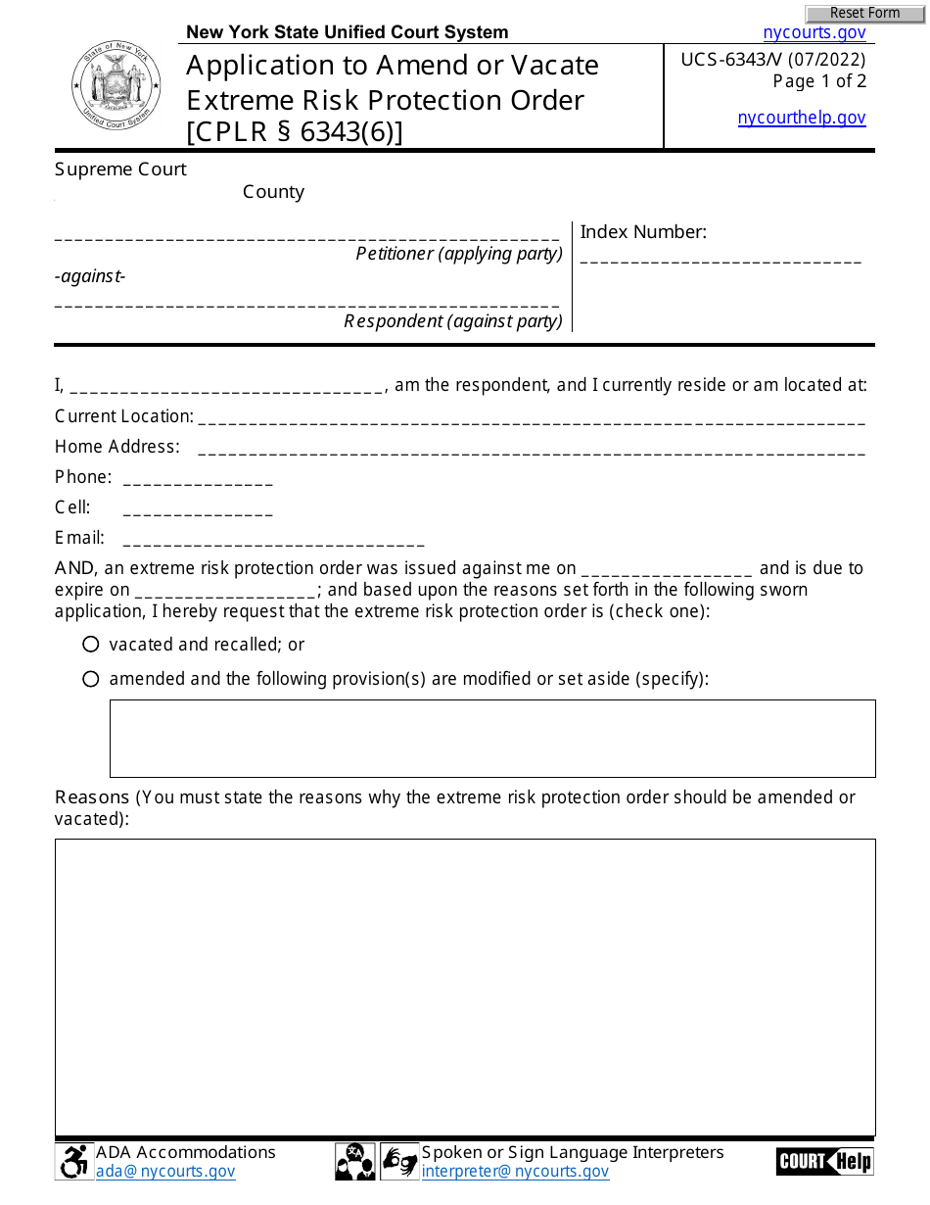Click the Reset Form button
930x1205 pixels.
pos(864,13)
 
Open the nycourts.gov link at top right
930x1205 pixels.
pos(814,32)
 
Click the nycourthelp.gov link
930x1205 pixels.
pos(801,118)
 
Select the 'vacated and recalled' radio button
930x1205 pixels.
pos(91,645)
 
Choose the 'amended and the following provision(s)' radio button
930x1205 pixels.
pos(91,679)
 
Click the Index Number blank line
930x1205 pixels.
pos(721,260)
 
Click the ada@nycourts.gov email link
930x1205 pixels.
pos(165,1171)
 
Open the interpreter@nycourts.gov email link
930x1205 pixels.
pos(515,1171)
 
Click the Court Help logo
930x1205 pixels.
pos(824,1162)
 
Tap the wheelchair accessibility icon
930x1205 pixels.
pos(73,1162)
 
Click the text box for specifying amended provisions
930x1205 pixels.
pos(492,739)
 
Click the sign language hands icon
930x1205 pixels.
pos(399,1162)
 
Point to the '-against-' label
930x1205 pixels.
pos(90,276)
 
